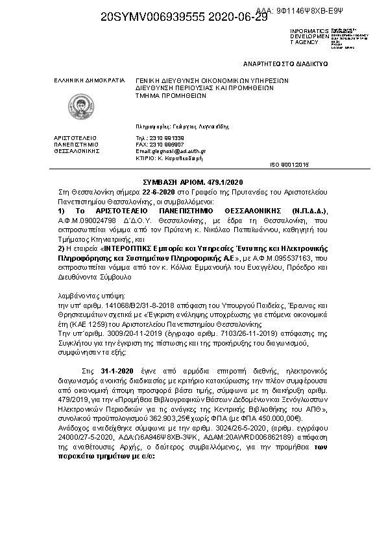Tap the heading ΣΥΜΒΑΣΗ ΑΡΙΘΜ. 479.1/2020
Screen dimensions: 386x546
click(192, 184)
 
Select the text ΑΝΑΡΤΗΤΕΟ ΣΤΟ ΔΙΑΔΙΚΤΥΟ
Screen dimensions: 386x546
click(285, 64)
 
